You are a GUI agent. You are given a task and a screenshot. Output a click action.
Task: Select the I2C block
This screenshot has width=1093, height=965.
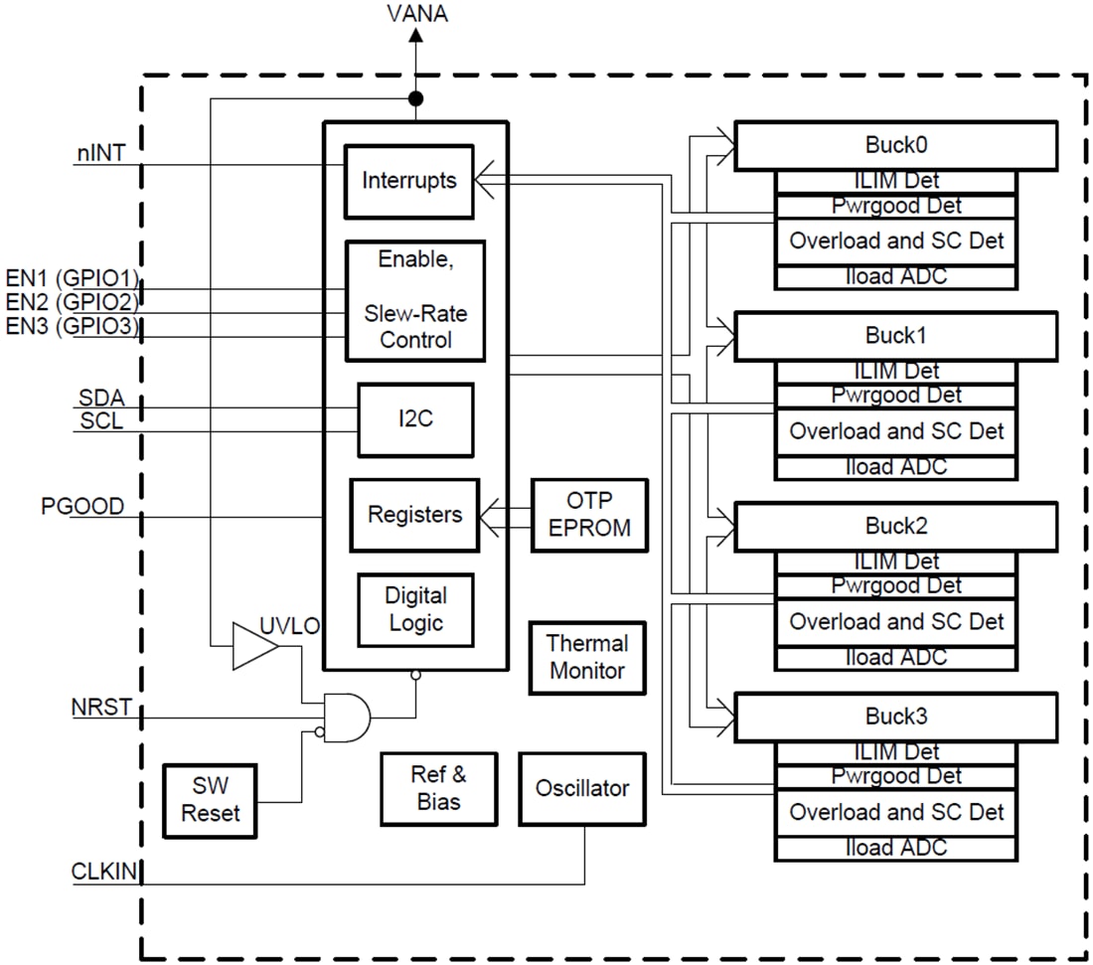pyautogui.click(x=414, y=419)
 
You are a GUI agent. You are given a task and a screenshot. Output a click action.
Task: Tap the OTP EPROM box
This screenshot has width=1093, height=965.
pyautogui.click(x=589, y=515)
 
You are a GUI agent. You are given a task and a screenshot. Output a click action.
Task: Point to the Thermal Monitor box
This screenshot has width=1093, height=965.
pyautogui.click(x=587, y=657)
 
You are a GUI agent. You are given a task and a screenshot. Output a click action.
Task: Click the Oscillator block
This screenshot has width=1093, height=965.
pyautogui.click(x=582, y=788)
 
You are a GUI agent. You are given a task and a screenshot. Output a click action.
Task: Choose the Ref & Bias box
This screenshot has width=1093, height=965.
pyautogui.click(x=438, y=788)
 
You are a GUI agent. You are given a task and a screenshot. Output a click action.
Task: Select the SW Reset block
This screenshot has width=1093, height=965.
pyautogui.click(x=210, y=800)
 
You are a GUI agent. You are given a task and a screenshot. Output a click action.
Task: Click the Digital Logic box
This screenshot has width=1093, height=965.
pyautogui.click(x=415, y=609)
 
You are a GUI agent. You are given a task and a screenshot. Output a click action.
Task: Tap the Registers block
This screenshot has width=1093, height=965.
pyautogui.click(x=414, y=515)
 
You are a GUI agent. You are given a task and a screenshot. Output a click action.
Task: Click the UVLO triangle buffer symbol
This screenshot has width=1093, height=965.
pyautogui.click(x=252, y=646)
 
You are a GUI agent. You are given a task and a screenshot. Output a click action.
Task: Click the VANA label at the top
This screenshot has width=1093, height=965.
pyautogui.click(x=416, y=14)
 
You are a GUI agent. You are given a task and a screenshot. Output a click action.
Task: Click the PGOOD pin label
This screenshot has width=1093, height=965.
pyautogui.click(x=82, y=507)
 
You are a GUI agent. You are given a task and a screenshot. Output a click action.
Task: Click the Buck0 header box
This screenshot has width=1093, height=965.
pyautogui.click(x=895, y=145)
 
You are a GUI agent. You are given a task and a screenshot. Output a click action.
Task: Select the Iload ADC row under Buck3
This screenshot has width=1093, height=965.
pyautogui.click(x=895, y=848)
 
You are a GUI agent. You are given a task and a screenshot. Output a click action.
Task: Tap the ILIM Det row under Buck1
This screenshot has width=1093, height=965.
pyautogui.click(x=895, y=372)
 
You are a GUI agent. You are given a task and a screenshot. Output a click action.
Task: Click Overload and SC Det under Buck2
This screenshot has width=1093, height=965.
pyautogui.click(x=895, y=622)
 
